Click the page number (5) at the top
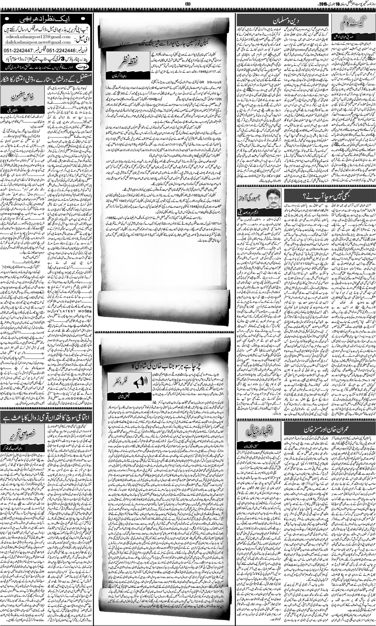[x=188, y=4]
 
